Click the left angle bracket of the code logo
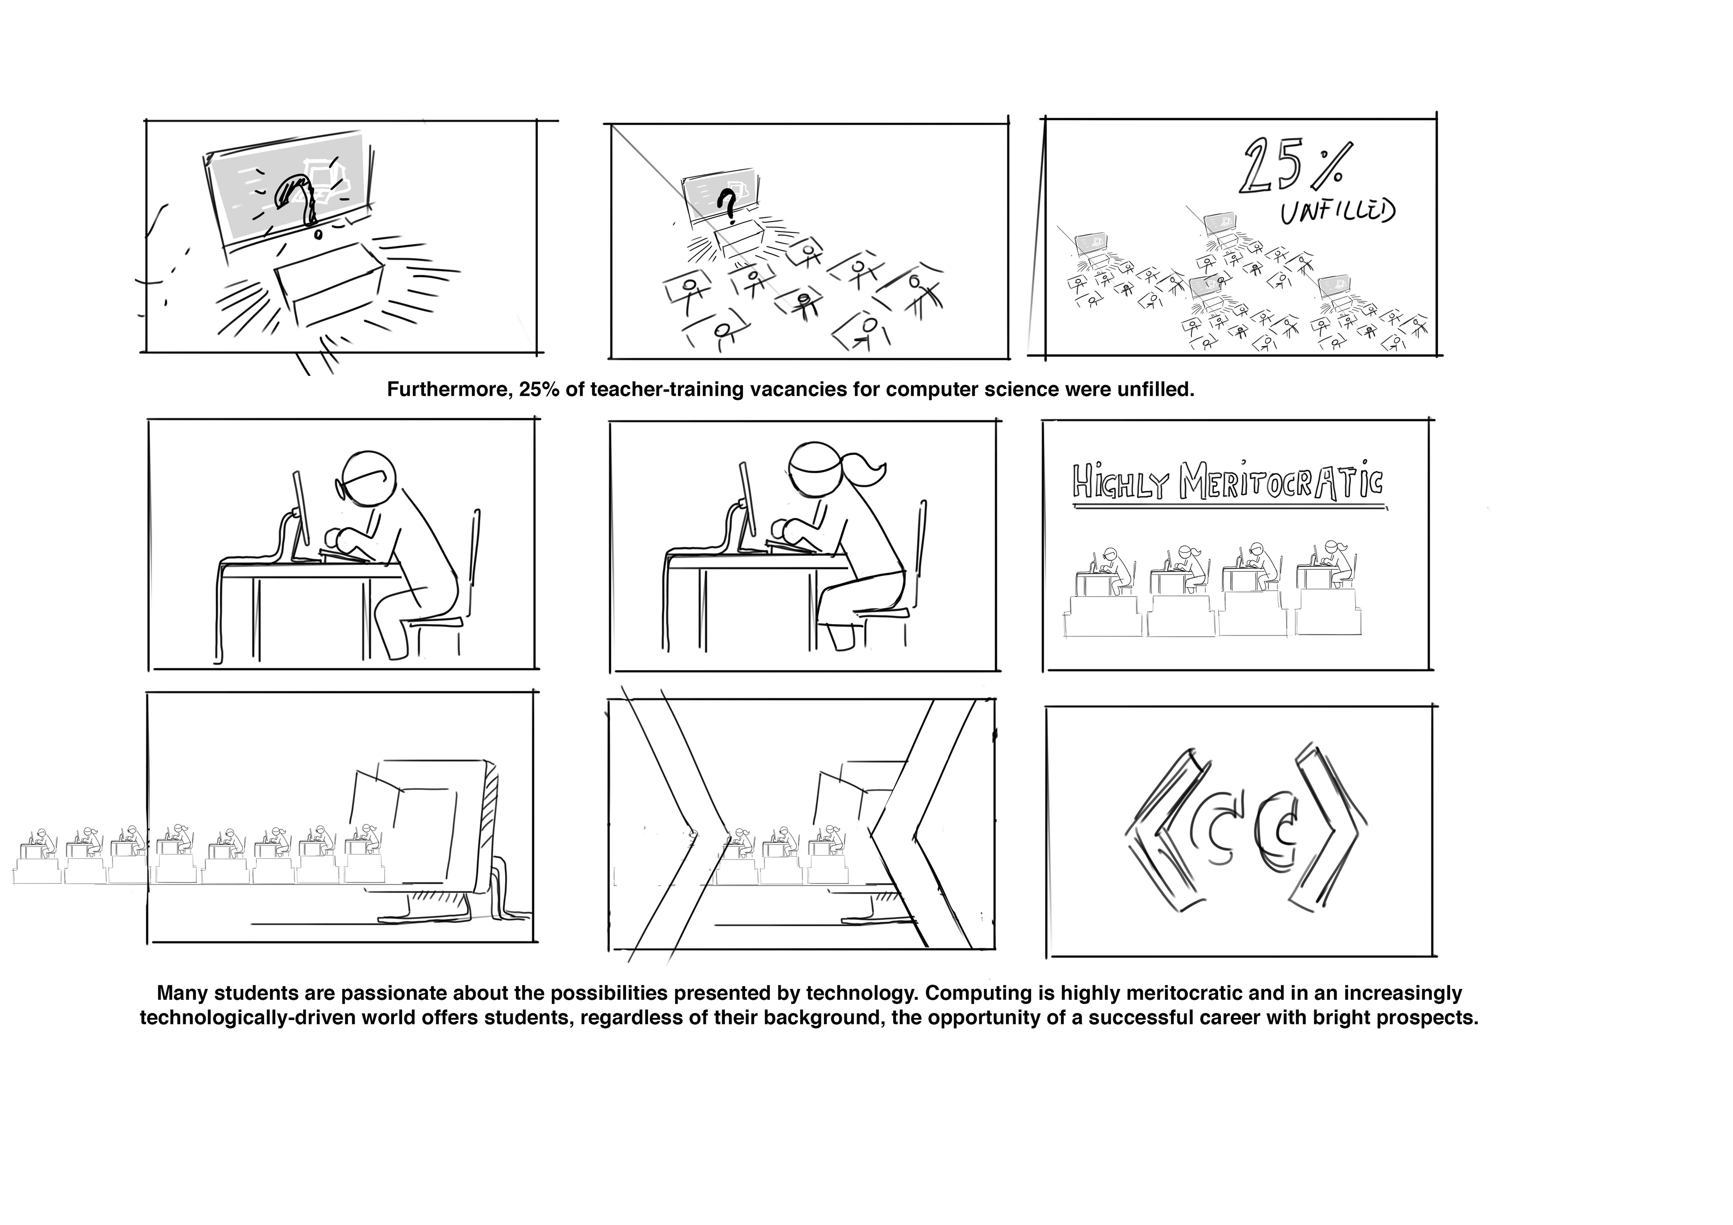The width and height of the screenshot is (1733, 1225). [x=1163, y=830]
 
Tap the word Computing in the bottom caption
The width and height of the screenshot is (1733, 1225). [x=973, y=993]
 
